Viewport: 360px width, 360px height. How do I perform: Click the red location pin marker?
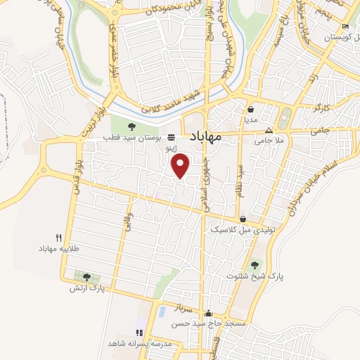click(181, 165)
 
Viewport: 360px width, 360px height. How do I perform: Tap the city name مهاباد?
click(205, 138)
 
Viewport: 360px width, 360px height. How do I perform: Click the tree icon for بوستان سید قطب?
click(131, 127)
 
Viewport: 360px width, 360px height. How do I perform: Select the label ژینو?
click(170, 150)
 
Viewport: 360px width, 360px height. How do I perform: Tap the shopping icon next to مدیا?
click(251, 109)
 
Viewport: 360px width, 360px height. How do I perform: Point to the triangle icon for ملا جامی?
click(268, 131)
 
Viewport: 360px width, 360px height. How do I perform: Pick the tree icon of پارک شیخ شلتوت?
click(255, 265)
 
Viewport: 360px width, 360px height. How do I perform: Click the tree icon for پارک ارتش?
click(86, 277)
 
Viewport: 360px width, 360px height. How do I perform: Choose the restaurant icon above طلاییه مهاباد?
click(59, 238)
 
